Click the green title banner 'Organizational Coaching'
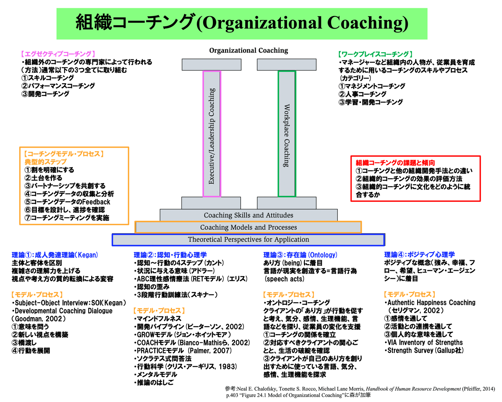tap(242, 23)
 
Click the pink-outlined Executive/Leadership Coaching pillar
tap(212, 133)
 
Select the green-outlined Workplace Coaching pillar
tap(287, 133)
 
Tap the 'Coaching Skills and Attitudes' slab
tap(248, 215)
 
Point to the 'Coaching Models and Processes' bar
tap(248, 227)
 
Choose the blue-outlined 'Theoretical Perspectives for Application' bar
tap(248, 239)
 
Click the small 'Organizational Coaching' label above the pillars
tap(248, 50)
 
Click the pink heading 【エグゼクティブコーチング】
tap(58, 54)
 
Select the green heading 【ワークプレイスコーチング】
tap(376, 54)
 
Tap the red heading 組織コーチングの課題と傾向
tap(395, 163)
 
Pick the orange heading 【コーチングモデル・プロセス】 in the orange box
tap(64, 154)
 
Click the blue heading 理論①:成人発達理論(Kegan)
tap(55, 255)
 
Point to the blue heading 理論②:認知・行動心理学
tap(170, 255)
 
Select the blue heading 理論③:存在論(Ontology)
tap(300, 255)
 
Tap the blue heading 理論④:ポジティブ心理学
tap(420, 254)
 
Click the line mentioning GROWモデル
tap(183, 334)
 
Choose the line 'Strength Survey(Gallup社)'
tap(424, 350)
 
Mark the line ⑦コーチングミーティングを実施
tap(67, 217)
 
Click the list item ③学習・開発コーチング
tap(371, 102)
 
